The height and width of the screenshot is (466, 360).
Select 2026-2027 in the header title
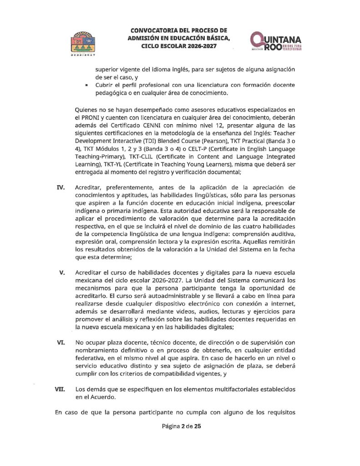click(198, 46)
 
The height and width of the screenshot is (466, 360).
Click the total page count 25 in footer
click(197, 426)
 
